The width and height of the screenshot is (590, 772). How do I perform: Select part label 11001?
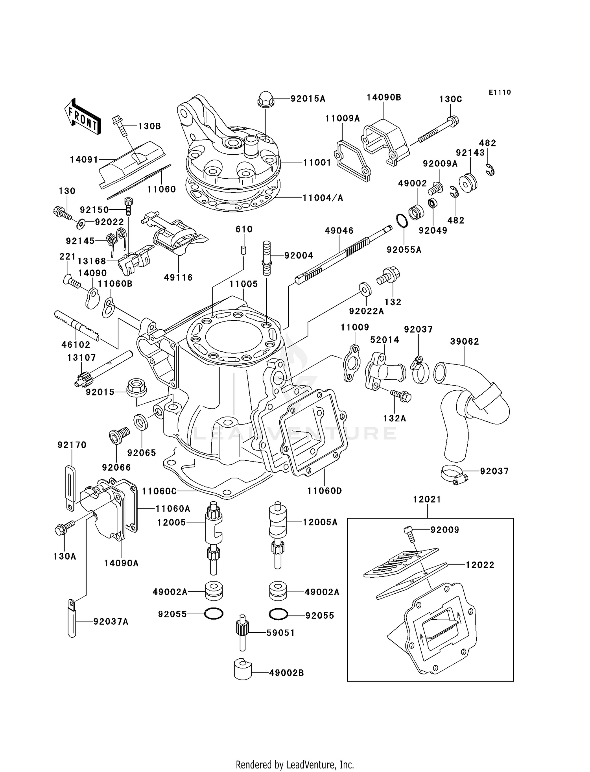click(x=317, y=163)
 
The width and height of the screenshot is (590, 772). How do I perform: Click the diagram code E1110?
click(x=500, y=92)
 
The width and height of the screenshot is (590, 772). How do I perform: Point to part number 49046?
click(x=339, y=231)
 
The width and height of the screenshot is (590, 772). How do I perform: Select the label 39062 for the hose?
click(x=465, y=342)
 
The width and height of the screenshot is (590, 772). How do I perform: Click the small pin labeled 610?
click(x=244, y=250)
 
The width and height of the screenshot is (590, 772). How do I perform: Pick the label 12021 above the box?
click(x=427, y=499)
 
